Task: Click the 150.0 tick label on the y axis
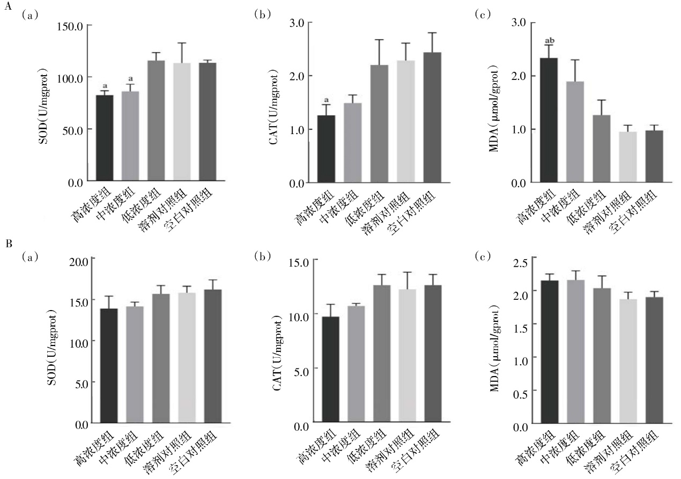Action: tap(70, 27)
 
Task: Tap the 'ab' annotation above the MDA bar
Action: tap(550, 40)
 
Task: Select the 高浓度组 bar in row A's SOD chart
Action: tap(105, 138)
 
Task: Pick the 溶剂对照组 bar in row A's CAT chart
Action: tap(406, 122)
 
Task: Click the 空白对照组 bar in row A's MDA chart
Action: tap(654, 156)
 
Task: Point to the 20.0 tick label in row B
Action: tap(79, 262)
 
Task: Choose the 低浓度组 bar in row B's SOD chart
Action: tap(161, 358)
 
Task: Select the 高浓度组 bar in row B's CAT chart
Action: tap(331, 369)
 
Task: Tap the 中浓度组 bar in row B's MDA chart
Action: tap(576, 351)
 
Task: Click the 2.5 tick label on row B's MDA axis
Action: tap(521, 263)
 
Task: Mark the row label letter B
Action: tap(9, 244)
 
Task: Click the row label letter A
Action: tap(8, 6)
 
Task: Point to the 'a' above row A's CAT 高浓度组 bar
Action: tap(327, 100)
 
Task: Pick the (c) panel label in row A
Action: tap(483, 14)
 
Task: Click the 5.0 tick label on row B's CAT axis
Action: tap(301, 372)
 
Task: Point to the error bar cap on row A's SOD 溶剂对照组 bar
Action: tap(182, 43)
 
